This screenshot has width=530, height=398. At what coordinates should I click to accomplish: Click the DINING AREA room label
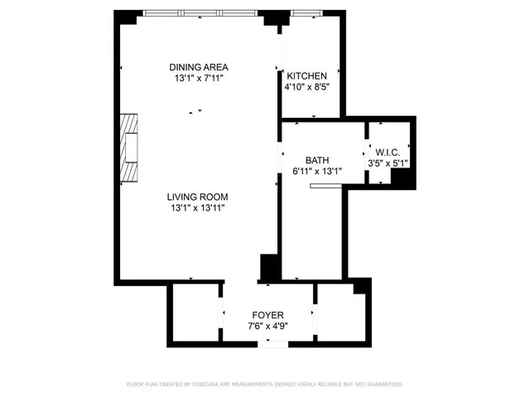point(198,67)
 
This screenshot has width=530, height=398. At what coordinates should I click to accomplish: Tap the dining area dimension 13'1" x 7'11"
point(198,78)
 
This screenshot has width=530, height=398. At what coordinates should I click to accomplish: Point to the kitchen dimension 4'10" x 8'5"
point(306,86)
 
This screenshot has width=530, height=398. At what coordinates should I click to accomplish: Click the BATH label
point(317,160)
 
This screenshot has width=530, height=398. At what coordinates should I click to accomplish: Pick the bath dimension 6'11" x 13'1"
point(317,171)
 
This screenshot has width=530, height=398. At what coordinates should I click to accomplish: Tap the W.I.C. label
point(388,153)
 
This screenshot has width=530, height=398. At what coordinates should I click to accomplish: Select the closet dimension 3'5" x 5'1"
point(388,163)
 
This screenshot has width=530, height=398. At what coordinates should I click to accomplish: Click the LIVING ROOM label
point(197,197)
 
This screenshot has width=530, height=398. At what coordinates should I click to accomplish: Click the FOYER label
point(267,315)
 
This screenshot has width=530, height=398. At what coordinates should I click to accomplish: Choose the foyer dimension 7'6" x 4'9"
point(267,326)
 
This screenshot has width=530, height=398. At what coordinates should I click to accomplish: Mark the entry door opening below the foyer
point(271,342)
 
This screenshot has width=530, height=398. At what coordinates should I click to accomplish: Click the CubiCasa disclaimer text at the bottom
point(264,385)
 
